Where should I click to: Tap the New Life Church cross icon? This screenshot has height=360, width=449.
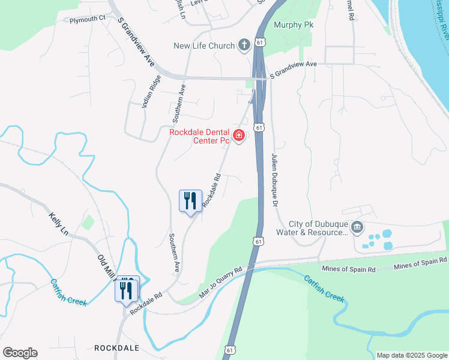click(x=244, y=45)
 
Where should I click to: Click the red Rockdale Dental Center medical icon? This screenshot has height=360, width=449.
click(x=239, y=137)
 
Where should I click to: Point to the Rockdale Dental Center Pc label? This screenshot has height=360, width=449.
click(x=200, y=137)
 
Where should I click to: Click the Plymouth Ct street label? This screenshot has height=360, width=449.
click(x=87, y=19)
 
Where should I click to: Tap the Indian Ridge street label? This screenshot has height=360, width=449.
click(x=151, y=91)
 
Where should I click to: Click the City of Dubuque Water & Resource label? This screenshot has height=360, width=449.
click(x=312, y=228)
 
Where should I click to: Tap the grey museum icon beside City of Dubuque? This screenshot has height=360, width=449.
click(x=357, y=227)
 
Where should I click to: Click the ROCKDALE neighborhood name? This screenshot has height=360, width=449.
click(x=117, y=348)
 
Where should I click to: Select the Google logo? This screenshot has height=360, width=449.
click(x=20, y=353)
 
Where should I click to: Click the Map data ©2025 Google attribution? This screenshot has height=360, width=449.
click(x=412, y=355)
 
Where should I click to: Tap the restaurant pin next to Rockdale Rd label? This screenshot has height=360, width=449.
click(x=191, y=200)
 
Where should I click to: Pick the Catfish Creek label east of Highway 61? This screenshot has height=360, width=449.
click(x=324, y=288)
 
